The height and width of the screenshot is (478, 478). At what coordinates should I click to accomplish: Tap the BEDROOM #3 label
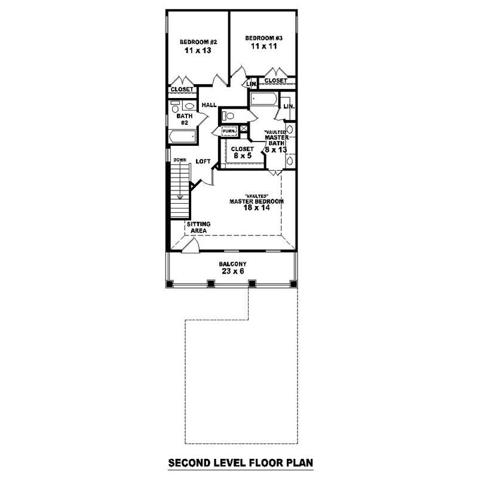pyautogui.click(x=263, y=38)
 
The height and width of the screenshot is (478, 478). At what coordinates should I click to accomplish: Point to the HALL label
pyautogui.click(x=209, y=105)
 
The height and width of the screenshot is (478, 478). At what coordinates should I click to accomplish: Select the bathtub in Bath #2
pyautogui.click(x=183, y=137)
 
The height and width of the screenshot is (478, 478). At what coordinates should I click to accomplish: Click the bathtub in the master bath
pyautogui.click(x=261, y=99)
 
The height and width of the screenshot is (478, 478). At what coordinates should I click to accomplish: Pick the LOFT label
pyautogui.click(x=203, y=161)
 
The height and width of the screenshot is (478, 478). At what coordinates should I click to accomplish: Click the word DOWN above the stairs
pyautogui.click(x=180, y=160)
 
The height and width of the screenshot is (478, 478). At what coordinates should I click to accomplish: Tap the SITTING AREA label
pyautogui.click(x=198, y=226)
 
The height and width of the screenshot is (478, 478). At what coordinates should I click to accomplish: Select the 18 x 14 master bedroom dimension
pyautogui.click(x=256, y=208)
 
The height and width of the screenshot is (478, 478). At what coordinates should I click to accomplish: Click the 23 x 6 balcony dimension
pyautogui.click(x=232, y=271)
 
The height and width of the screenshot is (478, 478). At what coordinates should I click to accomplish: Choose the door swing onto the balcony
pyautogui.click(x=191, y=246)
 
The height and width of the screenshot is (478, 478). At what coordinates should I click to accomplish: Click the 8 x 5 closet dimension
pyautogui.click(x=242, y=156)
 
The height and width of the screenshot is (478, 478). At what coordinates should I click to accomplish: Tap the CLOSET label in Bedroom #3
pyautogui.click(x=275, y=80)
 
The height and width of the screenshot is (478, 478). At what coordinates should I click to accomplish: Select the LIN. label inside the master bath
pyautogui.click(x=288, y=106)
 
